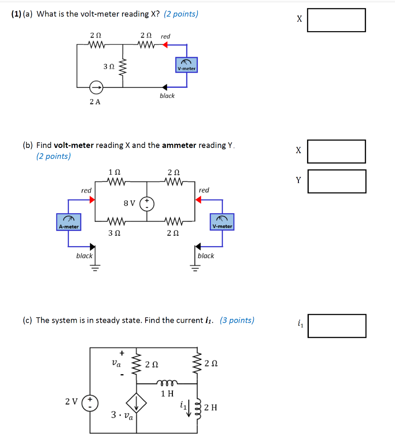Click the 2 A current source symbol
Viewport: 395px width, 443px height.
[x=96, y=88]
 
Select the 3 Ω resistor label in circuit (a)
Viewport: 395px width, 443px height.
[x=109, y=67]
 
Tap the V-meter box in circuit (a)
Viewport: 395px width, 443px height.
[x=186, y=65]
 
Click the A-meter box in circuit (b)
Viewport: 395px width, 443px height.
[x=69, y=222]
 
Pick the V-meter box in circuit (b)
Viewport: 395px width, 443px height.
[x=222, y=221]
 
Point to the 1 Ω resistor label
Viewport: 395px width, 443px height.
[x=114, y=172]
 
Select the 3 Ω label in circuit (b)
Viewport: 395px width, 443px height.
[x=114, y=233]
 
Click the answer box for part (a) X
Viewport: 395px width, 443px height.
[x=336, y=20]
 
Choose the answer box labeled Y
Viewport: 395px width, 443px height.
[x=336, y=181]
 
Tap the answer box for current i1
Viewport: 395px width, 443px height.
[x=336, y=326]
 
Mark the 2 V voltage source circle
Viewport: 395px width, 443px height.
[x=91, y=402]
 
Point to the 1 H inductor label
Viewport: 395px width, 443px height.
[x=167, y=394]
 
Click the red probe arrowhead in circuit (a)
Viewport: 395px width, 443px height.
[x=165, y=44]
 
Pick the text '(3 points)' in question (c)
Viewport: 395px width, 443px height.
[x=237, y=320]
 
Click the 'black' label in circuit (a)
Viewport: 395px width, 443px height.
[x=167, y=96]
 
